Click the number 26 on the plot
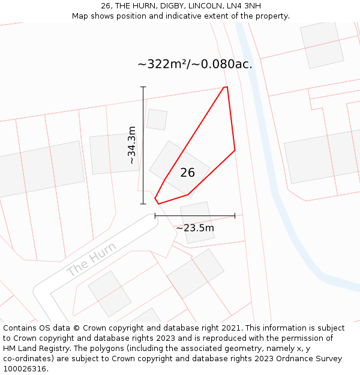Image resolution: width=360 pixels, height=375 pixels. click(188, 173)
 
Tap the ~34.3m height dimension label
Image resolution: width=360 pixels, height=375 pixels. click(132, 145)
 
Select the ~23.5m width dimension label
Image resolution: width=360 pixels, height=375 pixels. click(195, 228)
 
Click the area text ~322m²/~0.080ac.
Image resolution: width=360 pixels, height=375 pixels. click(195, 64)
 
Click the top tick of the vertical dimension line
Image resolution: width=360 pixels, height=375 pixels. click(143, 87)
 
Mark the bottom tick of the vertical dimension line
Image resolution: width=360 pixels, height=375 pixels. click(143, 204)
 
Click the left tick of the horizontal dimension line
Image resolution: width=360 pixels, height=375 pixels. click(155, 215)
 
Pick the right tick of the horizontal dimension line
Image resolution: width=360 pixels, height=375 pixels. click(235, 215)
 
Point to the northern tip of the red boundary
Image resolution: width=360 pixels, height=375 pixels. click(226, 88)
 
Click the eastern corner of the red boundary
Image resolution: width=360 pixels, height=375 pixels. click(235, 149)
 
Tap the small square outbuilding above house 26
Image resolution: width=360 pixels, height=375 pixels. click(157, 119)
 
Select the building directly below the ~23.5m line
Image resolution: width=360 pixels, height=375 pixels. click(197, 223)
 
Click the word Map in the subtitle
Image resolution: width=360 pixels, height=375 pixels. click(80, 16)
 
